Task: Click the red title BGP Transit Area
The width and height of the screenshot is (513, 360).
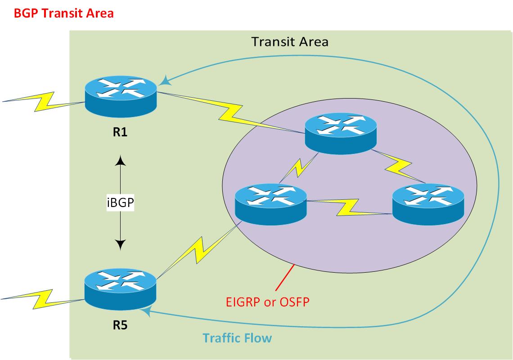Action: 63,13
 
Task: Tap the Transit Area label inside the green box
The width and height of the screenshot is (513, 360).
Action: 290,42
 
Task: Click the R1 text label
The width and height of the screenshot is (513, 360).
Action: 120,133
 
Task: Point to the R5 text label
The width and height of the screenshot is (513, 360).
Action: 120,325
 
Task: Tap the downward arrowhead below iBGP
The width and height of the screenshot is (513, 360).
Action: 121,245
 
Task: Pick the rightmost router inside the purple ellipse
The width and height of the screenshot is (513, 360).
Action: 428,203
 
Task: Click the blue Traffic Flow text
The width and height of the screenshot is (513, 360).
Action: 237,337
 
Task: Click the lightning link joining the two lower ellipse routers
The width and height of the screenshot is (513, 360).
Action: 349,207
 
